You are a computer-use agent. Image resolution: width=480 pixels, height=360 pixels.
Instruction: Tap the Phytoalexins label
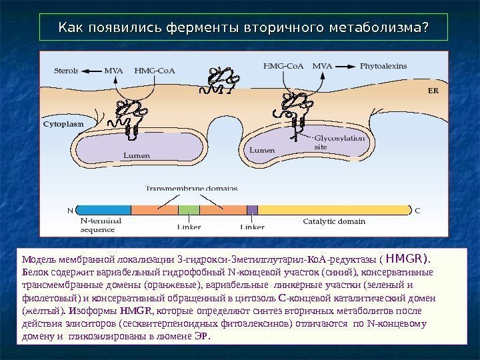383,66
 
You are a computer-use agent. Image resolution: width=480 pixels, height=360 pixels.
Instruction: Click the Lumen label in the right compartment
262,151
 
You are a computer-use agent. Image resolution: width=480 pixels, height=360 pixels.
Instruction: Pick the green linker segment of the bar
189,209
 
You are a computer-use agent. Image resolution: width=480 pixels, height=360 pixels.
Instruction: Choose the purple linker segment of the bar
252,209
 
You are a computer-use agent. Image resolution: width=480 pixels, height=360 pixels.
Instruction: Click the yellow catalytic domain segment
333,209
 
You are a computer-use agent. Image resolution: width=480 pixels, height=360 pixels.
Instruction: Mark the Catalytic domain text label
334,221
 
